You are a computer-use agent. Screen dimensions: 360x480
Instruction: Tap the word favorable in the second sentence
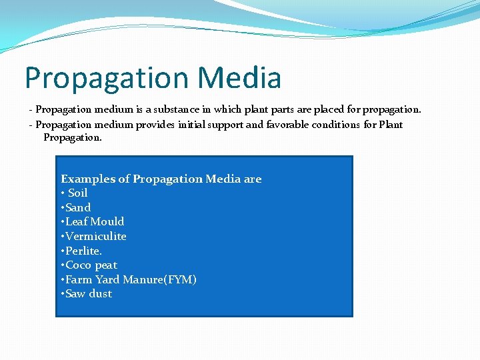(x=289, y=125)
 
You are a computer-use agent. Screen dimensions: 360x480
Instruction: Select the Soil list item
(x=77, y=193)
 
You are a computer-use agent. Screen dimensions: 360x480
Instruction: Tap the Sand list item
(x=77, y=207)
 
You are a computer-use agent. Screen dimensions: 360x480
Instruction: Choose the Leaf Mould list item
(x=94, y=221)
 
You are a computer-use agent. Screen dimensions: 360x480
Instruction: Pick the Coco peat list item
(x=91, y=265)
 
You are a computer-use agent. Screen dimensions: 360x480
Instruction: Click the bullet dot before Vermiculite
(x=63, y=237)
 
